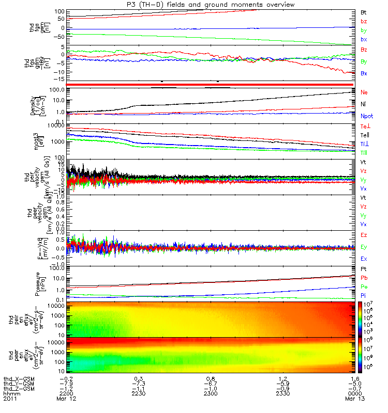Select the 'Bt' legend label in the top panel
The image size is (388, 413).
click(x=363, y=11)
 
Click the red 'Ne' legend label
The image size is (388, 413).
click(x=364, y=92)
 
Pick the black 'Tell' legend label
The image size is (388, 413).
click(x=364, y=135)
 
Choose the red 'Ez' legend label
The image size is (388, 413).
click(x=364, y=235)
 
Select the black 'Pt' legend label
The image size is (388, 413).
click(x=363, y=269)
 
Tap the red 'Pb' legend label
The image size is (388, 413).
click(x=363, y=278)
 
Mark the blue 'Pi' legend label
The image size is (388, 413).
click(x=363, y=295)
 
